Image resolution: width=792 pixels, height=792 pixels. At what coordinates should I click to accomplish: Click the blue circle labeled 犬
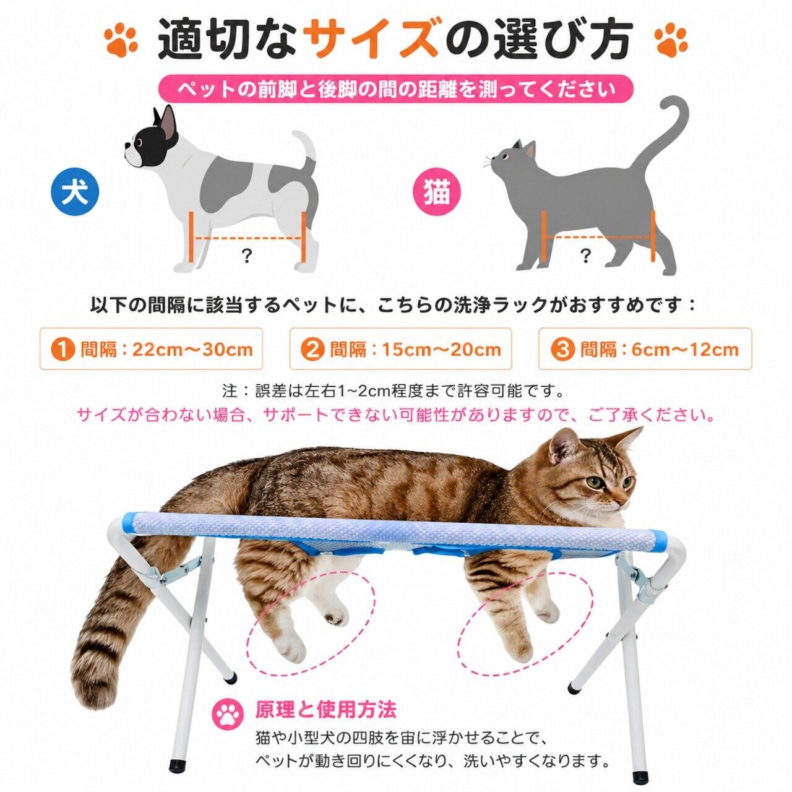click(75, 192)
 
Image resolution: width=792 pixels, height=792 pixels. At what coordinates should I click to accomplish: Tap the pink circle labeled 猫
click(436, 192)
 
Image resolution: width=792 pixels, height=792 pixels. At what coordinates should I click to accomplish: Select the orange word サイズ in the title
click(372, 40)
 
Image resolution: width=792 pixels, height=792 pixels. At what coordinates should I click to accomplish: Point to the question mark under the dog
click(246, 257)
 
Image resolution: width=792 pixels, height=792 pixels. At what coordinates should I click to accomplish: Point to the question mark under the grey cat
click(585, 256)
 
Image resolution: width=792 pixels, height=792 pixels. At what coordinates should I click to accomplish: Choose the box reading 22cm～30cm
click(151, 349)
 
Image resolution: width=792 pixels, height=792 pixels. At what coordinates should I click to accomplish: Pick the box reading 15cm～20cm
click(401, 349)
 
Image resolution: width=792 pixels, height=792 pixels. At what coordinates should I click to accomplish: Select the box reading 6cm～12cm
click(645, 349)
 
